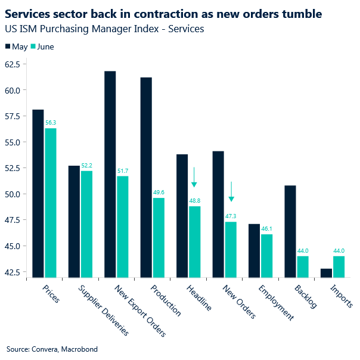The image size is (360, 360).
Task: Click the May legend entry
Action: [16, 46]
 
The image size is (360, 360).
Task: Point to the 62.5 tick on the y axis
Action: [11, 64]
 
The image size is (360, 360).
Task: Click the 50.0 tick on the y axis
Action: [11, 194]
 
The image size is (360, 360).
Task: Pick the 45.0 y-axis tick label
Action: [11, 246]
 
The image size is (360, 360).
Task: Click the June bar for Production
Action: [159, 237]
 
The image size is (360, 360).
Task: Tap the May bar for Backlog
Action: [290, 231]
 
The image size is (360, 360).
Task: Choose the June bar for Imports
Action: [339, 266]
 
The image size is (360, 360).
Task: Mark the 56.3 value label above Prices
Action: [51, 123]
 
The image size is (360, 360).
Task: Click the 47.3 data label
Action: [231, 216]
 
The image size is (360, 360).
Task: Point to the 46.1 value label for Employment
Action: [267, 229]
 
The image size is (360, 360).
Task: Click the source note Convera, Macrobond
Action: [52, 349]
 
